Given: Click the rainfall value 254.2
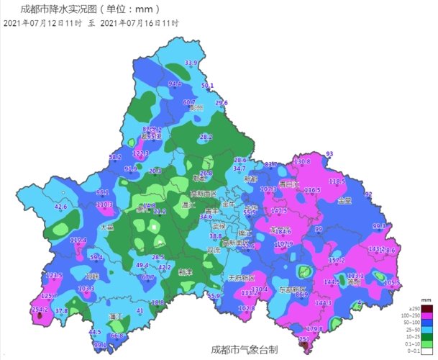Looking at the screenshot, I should point(40,310).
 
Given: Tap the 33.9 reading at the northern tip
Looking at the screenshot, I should point(191,63).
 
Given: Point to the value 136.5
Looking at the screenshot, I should point(311,190).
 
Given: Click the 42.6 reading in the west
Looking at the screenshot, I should point(61,207).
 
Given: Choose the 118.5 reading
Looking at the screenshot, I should point(337,181).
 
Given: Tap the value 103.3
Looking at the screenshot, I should point(86,289).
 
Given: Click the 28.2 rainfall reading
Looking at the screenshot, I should point(206,137).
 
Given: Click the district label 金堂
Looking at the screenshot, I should point(344,201).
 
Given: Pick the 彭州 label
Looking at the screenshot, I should point(196,108).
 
